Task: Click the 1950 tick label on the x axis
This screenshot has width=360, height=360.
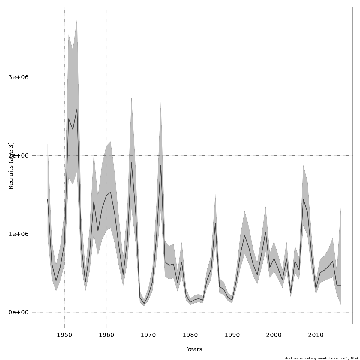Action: click(x=64, y=335)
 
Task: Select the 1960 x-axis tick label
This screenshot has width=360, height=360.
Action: click(x=106, y=335)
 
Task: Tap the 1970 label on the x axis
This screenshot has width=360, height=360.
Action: click(x=148, y=335)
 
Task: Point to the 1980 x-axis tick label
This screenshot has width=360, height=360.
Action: click(x=190, y=335)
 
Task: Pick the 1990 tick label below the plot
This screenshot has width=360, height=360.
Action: click(x=232, y=335)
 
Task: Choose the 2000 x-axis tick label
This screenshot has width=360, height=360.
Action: click(x=274, y=335)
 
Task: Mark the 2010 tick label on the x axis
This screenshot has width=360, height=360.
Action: click(x=316, y=335)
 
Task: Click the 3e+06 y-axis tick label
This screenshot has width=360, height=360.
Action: click(x=18, y=77)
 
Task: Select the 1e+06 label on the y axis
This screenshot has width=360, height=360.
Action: click(x=18, y=234)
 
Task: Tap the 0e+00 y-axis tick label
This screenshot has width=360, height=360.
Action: click(x=18, y=312)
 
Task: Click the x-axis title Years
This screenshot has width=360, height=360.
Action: click(x=194, y=349)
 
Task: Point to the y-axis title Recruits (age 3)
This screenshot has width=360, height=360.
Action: click(x=11, y=166)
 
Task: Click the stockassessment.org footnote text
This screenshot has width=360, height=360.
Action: click(x=321, y=358)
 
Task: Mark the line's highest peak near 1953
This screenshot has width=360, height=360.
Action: click(x=77, y=109)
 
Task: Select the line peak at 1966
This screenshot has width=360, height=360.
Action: click(x=131, y=163)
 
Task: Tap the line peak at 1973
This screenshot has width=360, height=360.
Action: click(x=161, y=165)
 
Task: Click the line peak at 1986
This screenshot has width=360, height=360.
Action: click(x=215, y=223)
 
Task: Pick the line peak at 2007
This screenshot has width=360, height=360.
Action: click(x=303, y=199)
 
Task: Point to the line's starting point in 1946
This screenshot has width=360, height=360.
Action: click(x=48, y=199)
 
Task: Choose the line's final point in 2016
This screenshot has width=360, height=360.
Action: click(x=341, y=285)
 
